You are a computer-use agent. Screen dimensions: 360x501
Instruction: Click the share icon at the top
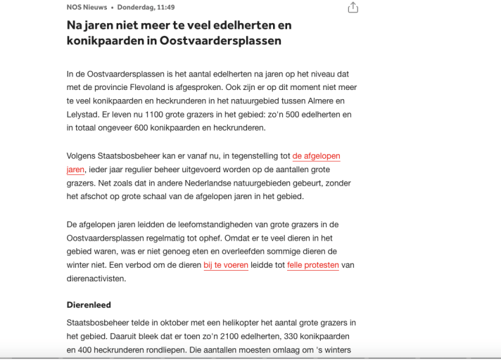pos(353,7)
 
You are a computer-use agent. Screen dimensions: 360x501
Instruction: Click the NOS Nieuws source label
pos(87,7)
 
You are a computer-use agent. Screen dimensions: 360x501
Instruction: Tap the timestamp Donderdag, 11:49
pos(146,7)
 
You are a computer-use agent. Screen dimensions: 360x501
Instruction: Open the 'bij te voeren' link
pos(226,265)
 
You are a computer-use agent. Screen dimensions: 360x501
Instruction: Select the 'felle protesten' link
pos(312,265)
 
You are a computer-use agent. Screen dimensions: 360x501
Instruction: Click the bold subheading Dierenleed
pos(89,305)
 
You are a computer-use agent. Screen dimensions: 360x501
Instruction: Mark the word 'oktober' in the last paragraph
pos(175,323)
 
